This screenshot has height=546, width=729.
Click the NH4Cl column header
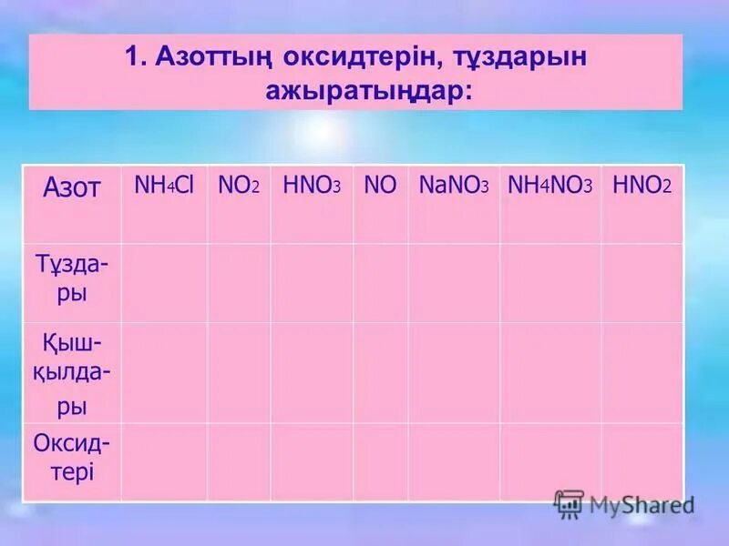point(164,186)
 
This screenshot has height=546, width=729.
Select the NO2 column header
point(239,186)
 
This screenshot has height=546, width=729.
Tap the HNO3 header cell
point(312,186)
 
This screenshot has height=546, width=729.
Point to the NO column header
point(380,186)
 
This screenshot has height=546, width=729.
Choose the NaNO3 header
point(454,186)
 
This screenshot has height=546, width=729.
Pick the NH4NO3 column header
point(549,186)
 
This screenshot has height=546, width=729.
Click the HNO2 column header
point(642,186)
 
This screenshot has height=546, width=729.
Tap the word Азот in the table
point(72,188)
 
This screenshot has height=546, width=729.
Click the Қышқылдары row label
point(72,373)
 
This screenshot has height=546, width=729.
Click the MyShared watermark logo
point(625,503)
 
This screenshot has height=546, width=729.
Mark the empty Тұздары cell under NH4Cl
point(164,282)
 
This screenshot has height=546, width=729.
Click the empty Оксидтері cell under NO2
point(239,461)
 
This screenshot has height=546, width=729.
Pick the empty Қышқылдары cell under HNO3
point(312,372)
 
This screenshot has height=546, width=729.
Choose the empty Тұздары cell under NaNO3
point(454,282)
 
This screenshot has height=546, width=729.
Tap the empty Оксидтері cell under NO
point(380,461)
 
